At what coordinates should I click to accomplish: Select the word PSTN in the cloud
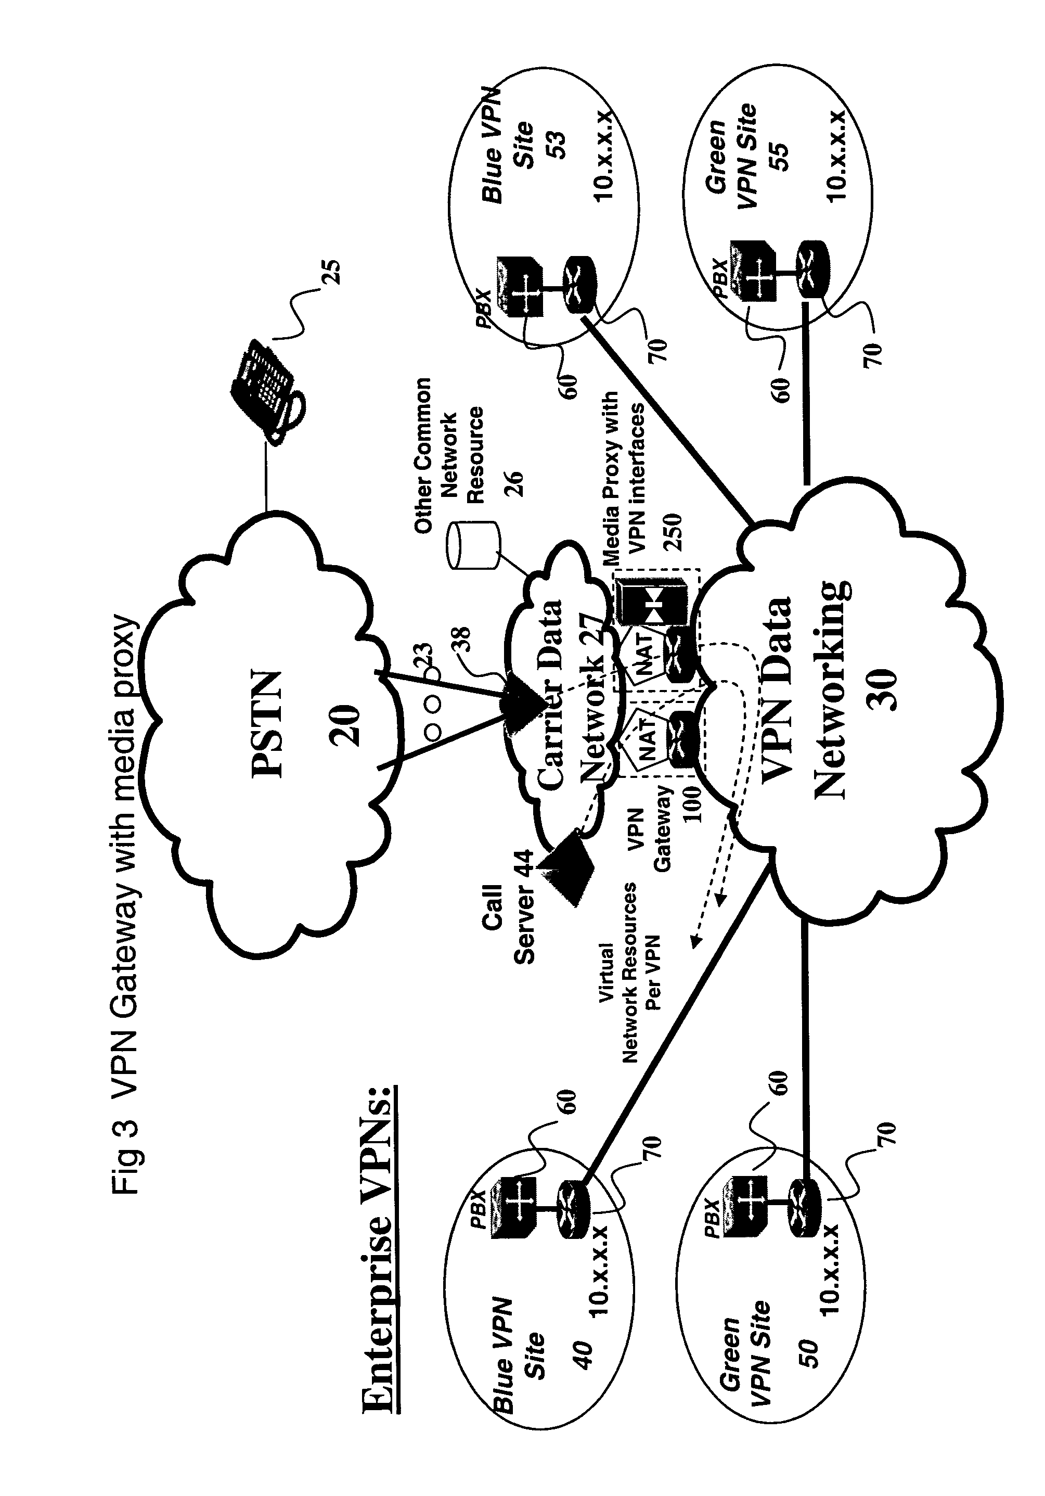point(268,724)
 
